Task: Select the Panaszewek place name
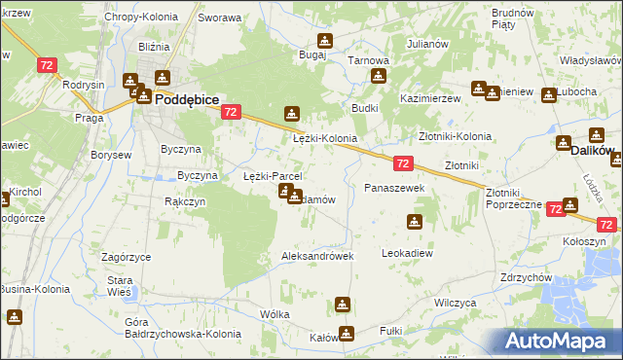[394, 187]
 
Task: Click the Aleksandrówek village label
[316, 256]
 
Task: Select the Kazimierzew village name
[429, 100]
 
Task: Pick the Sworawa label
[219, 18]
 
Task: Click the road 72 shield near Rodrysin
[47, 65]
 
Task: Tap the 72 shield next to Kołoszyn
[555, 209]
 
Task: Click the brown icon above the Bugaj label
[324, 41]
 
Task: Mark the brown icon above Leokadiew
[416, 222]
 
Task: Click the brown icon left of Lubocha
[549, 93]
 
